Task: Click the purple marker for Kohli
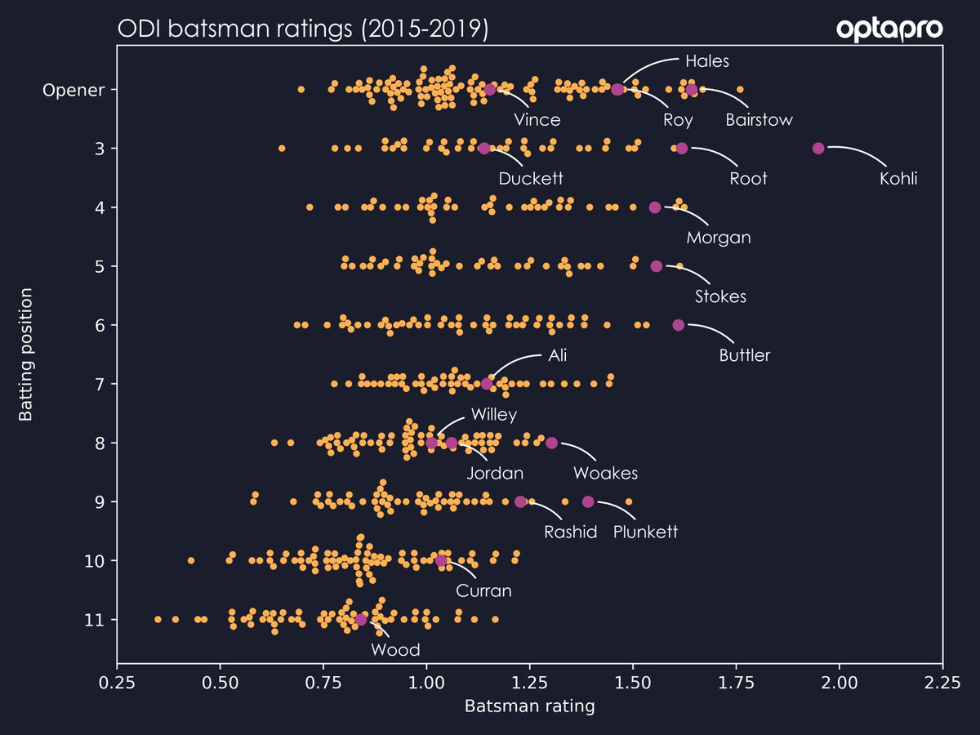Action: click(818, 148)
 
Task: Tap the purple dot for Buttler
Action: click(678, 325)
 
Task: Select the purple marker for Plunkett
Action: click(588, 501)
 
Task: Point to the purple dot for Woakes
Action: click(551, 443)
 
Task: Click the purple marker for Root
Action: click(682, 148)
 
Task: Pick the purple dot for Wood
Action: click(361, 620)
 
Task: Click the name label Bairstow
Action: click(759, 120)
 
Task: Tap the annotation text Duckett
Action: click(531, 179)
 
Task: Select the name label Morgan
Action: click(718, 238)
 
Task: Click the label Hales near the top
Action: click(707, 61)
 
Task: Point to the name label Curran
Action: click(483, 590)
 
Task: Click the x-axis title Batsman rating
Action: click(529, 706)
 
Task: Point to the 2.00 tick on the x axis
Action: click(839, 680)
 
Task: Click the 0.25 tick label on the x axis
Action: click(118, 680)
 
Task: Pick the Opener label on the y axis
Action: click(73, 90)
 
